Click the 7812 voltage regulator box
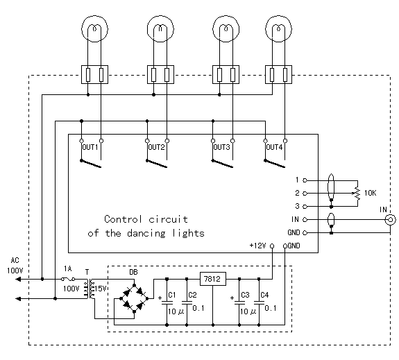click(213, 279)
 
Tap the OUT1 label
click(90, 147)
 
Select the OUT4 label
click(274, 147)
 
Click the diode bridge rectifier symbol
click(135, 298)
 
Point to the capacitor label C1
click(172, 295)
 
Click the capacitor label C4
click(264, 295)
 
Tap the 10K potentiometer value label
click(371, 193)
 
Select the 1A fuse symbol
click(68, 279)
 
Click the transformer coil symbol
click(88, 289)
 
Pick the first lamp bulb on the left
click(94, 28)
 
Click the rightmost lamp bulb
click(279, 28)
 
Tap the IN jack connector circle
click(391, 220)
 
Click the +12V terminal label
click(258, 246)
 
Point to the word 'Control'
click(123, 219)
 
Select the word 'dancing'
click(146, 234)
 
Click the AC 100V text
click(15, 266)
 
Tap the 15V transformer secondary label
click(100, 289)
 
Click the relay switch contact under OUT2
click(157, 164)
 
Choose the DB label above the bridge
click(134, 272)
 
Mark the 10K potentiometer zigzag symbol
click(357, 194)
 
